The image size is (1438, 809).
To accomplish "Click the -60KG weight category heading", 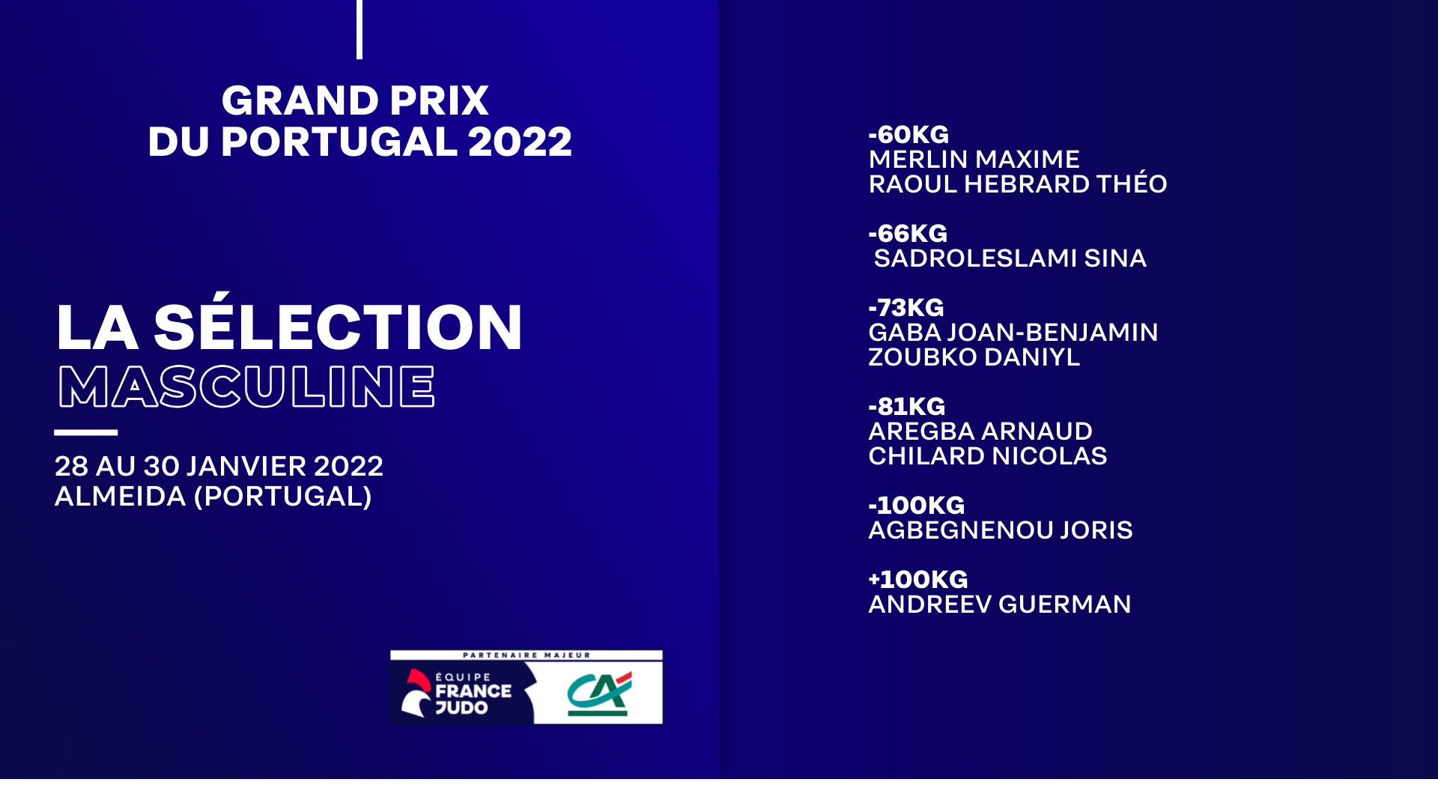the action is (908, 135).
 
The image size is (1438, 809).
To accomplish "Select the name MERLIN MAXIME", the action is (974, 160).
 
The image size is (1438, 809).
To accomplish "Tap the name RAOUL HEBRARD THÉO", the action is (1018, 183).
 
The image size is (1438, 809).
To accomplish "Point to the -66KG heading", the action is (908, 234).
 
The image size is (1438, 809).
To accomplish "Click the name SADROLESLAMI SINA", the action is (1010, 258).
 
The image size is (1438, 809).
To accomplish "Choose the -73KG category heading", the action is (906, 308).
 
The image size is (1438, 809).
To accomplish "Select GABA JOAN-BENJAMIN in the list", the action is (1013, 333).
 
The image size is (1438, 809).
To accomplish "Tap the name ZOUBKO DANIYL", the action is (974, 357).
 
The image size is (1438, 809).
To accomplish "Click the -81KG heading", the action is (907, 407).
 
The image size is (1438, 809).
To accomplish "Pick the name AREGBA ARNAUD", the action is (980, 431).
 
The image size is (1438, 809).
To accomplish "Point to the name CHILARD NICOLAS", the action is (988, 456).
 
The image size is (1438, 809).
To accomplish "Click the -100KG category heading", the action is (917, 506).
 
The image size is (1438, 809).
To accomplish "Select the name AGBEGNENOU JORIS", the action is (1001, 530).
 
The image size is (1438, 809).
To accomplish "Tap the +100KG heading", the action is (918, 580).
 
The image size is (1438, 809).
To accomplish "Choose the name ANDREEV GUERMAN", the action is (1000, 605).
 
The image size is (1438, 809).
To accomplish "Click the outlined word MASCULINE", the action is (246, 387).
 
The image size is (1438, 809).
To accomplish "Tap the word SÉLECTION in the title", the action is (338, 322).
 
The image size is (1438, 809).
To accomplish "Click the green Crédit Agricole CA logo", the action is (599, 694).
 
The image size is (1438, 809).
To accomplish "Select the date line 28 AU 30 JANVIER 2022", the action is (219, 467).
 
